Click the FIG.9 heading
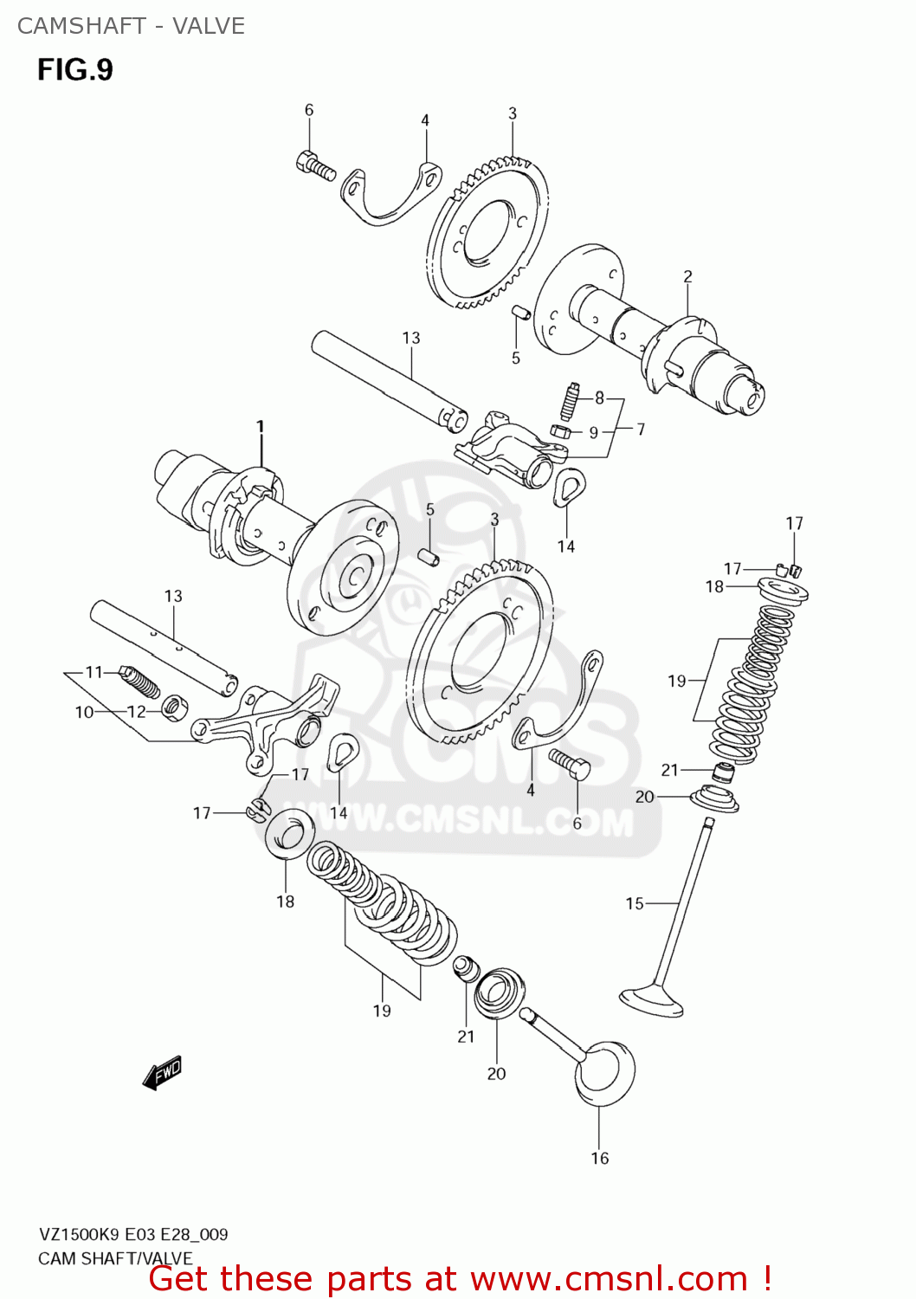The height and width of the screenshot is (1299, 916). [75, 69]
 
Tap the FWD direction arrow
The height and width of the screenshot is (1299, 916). [162, 1071]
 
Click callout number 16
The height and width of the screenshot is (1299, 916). [599, 1159]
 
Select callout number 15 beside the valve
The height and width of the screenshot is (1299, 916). [635, 903]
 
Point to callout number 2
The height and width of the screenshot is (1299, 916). [687, 276]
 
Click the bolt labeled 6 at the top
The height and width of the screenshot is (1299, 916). [316, 165]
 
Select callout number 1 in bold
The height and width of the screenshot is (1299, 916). [260, 426]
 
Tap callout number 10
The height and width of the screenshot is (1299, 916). [84, 712]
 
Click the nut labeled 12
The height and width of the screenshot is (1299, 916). [173, 708]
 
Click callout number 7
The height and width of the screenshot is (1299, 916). [641, 429]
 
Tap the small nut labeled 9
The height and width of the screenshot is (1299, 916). [559, 430]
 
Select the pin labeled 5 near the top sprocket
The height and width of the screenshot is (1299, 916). [519, 313]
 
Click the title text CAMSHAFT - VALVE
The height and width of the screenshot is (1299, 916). [131, 26]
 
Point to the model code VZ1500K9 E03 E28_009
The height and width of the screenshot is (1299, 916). [133, 1234]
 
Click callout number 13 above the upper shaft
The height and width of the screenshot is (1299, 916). [410, 338]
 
